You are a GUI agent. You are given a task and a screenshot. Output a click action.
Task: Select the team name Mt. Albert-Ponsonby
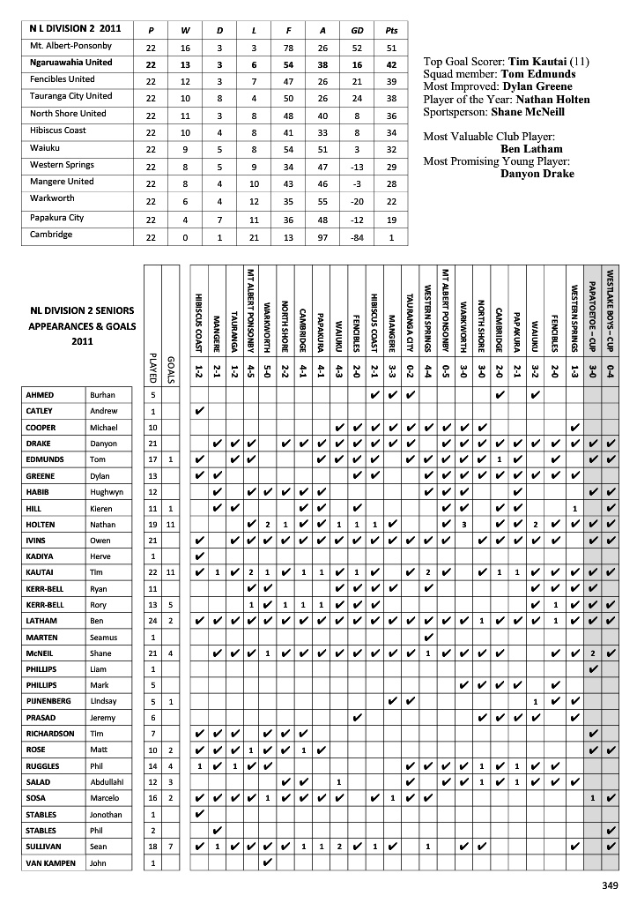70,46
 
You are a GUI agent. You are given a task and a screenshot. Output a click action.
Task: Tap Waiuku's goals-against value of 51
322,151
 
